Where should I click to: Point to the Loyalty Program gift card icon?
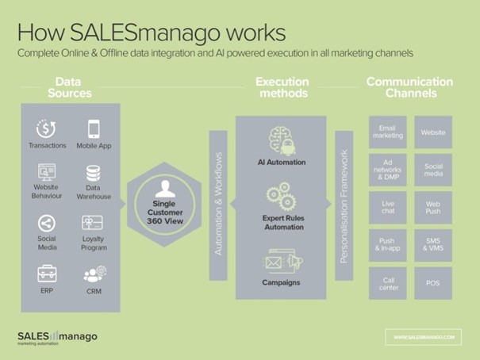[x=93, y=224]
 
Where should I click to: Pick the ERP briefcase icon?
[x=47, y=274]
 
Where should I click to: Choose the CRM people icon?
[x=93, y=274]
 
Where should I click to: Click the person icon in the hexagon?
[x=165, y=189]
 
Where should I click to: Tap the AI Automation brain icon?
[x=281, y=140]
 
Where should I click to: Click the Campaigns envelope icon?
[x=281, y=259]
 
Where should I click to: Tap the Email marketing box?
[x=388, y=132]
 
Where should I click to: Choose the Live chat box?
[x=388, y=207]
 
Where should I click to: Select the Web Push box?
[x=433, y=207]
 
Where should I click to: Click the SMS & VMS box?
[x=433, y=245]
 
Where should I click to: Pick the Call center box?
[x=388, y=282]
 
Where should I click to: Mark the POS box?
[x=433, y=282]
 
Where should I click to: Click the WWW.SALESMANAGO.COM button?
[x=423, y=337]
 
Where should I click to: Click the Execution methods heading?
[x=282, y=87]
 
